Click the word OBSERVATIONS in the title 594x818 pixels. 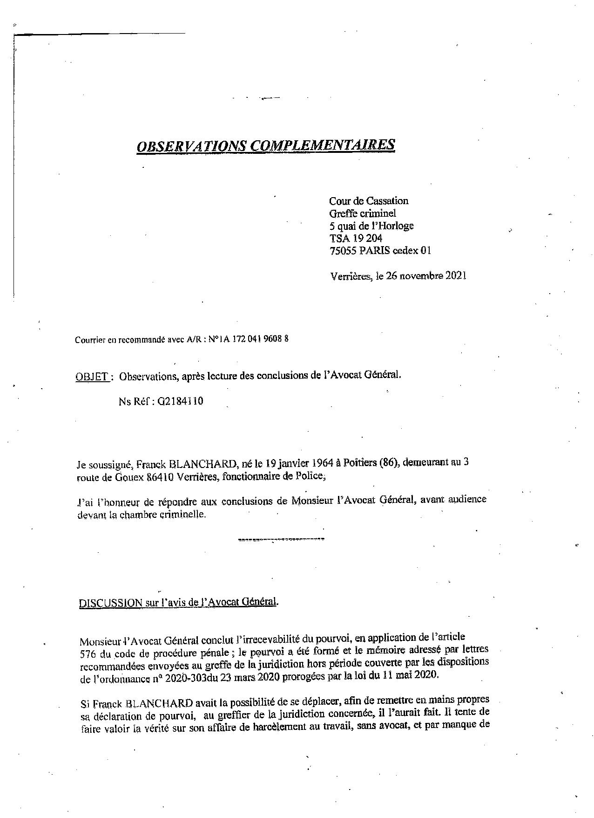(192, 146)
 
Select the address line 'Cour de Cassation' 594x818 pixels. (368, 201)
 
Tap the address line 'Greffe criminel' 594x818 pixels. (362, 213)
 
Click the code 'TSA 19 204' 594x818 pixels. (356, 238)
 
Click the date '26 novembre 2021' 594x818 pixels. (425, 275)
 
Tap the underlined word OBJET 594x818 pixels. (92, 377)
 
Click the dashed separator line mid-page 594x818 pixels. (281, 539)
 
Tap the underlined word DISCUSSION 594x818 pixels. (110, 603)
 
